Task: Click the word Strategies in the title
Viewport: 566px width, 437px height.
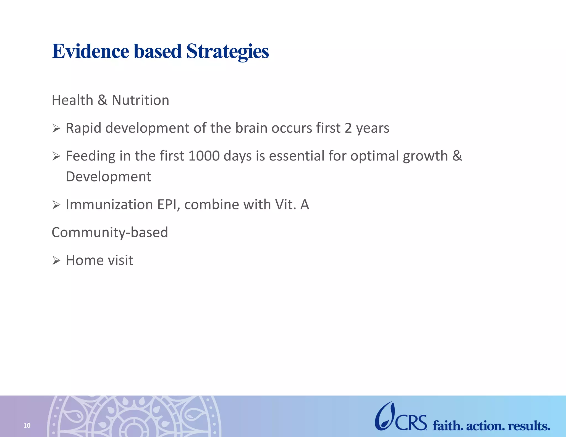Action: (x=227, y=52)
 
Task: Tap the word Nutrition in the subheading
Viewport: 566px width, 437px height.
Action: (x=140, y=100)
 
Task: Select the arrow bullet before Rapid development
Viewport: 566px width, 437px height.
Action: (x=56, y=128)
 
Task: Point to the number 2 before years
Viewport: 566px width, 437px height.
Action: (x=348, y=128)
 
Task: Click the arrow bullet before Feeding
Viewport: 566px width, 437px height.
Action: (x=56, y=156)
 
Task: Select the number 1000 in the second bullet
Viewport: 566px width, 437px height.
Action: (x=204, y=156)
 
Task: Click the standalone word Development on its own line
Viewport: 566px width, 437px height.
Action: (x=109, y=177)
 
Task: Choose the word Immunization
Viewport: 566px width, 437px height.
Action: (x=109, y=205)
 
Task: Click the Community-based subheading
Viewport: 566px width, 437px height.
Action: (x=110, y=232)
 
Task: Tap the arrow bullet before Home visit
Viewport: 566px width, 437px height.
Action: (x=56, y=260)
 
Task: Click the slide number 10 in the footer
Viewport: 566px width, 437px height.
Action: (x=27, y=425)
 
